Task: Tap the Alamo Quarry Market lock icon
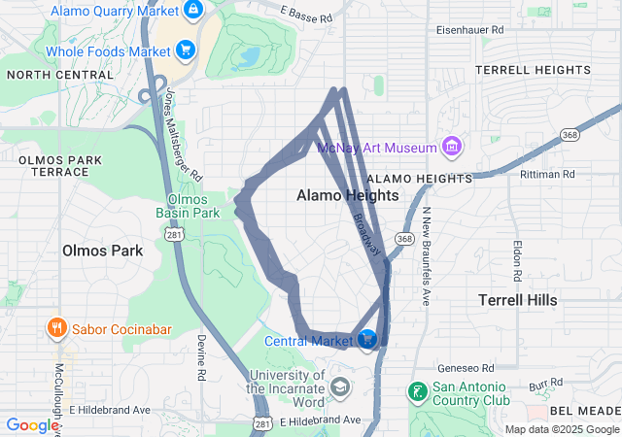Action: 193,11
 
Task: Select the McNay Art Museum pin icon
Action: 450,148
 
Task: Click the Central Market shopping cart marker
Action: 368,340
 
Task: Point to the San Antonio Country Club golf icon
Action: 416,392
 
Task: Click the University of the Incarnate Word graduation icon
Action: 339,387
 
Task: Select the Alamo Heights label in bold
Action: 347,195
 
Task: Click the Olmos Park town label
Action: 102,251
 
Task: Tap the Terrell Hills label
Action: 518,300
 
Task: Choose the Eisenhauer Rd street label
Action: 470,30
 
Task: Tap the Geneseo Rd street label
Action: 466,368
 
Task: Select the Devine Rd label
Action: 201,356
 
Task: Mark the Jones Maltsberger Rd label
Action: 183,135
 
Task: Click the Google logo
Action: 32,425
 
